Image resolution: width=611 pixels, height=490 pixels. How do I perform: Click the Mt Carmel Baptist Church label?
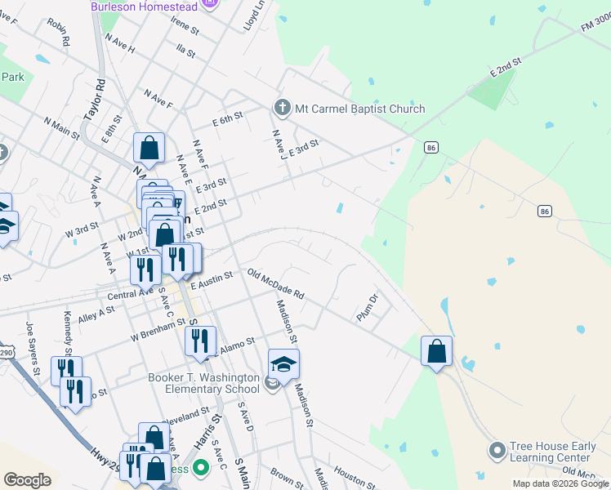tap(360, 109)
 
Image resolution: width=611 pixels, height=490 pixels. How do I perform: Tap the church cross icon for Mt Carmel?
tap(282, 108)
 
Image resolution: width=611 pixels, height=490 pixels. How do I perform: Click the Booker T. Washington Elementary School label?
tap(204, 383)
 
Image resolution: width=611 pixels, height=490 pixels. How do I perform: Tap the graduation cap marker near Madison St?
tap(283, 363)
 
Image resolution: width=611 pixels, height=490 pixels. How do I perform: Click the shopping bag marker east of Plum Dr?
tap(437, 351)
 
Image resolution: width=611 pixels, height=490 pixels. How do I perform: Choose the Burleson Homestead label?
tap(144, 7)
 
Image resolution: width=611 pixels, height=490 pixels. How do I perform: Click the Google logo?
tap(27, 480)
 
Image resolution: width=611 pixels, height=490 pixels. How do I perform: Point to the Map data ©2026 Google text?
tap(560, 483)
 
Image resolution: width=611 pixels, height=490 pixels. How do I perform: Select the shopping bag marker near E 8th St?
tap(149, 148)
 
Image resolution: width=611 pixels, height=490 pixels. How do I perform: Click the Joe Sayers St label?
tap(33, 346)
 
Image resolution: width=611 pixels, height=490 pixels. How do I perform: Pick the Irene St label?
tap(185, 26)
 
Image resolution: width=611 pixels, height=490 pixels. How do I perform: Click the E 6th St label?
tap(228, 119)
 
